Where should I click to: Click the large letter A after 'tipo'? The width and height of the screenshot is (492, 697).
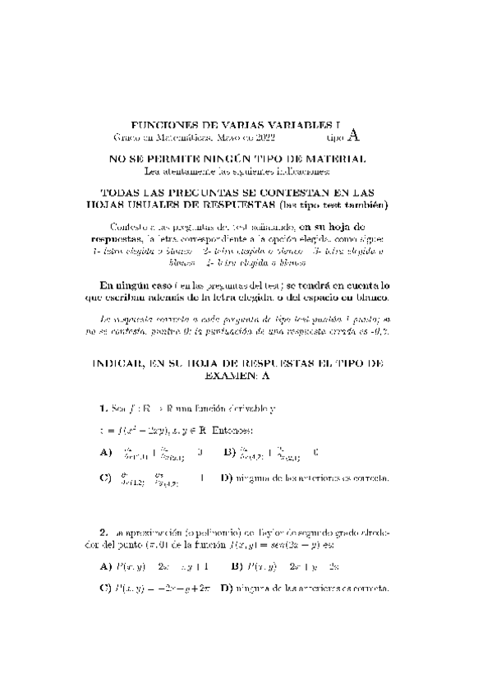click(353, 135)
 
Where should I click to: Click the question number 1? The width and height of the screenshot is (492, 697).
click(103, 408)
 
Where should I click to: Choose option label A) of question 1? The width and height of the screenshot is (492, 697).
click(105, 451)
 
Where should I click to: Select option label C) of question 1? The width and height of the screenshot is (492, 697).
click(105, 478)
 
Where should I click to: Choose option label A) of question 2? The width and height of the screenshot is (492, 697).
click(105, 565)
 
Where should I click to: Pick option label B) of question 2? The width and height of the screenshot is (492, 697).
click(236, 565)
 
